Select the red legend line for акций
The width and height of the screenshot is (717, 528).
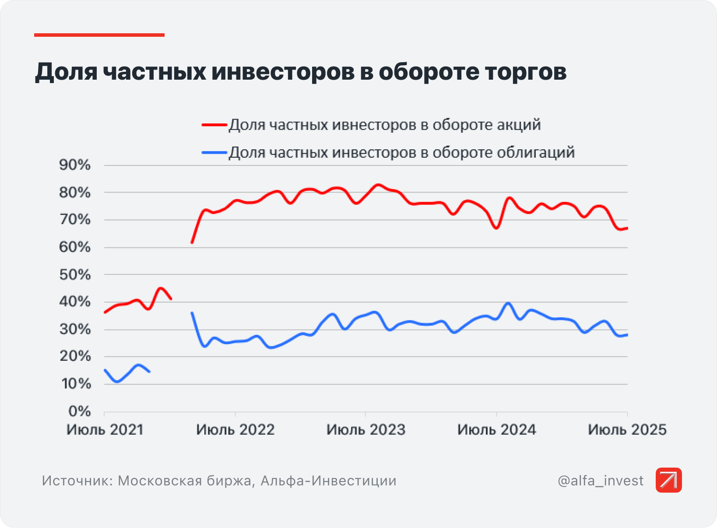[x=214, y=125]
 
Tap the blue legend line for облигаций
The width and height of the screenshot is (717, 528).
[x=214, y=153]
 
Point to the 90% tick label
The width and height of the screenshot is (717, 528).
[x=75, y=165]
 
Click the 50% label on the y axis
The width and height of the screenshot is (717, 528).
[x=75, y=275]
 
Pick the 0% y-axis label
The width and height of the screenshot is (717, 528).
[x=79, y=412]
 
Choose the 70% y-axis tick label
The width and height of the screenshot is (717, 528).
[x=75, y=220]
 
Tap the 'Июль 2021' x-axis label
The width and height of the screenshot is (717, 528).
[x=105, y=430]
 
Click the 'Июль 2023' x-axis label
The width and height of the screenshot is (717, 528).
[x=366, y=430]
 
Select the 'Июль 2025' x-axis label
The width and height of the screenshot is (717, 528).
[x=627, y=430]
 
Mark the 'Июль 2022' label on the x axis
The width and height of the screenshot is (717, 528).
[x=235, y=430]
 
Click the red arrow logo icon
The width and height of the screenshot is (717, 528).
[x=668, y=480]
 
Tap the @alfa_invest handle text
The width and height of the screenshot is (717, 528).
[x=601, y=481]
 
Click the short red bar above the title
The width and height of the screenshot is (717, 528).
[x=99, y=35]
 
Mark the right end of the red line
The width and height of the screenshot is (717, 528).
[x=627, y=228]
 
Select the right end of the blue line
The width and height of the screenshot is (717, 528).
[x=627, y=335]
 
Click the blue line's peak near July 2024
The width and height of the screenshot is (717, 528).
[x=508, y=303]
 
